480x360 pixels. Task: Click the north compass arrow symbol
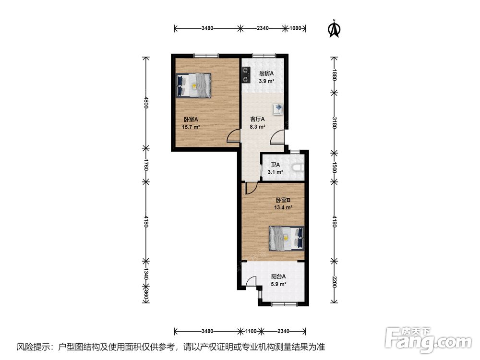[334, 29]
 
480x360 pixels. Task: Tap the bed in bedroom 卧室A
[193, 85]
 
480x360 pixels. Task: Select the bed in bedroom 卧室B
[287, 239]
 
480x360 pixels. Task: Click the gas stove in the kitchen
[245, 75]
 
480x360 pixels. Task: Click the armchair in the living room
[278, 109]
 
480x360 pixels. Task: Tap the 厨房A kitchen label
[266, 73]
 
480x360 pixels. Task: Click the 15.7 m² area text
[191, 127]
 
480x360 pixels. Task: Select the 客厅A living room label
[257, 119]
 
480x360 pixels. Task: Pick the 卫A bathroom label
[275, 165]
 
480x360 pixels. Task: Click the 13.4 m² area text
[283, 207]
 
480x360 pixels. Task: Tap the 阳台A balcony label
[278, 276]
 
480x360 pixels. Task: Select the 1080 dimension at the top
[295, 28]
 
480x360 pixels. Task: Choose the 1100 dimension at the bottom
[251, 331]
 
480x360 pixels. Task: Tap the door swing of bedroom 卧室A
[233, 136]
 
